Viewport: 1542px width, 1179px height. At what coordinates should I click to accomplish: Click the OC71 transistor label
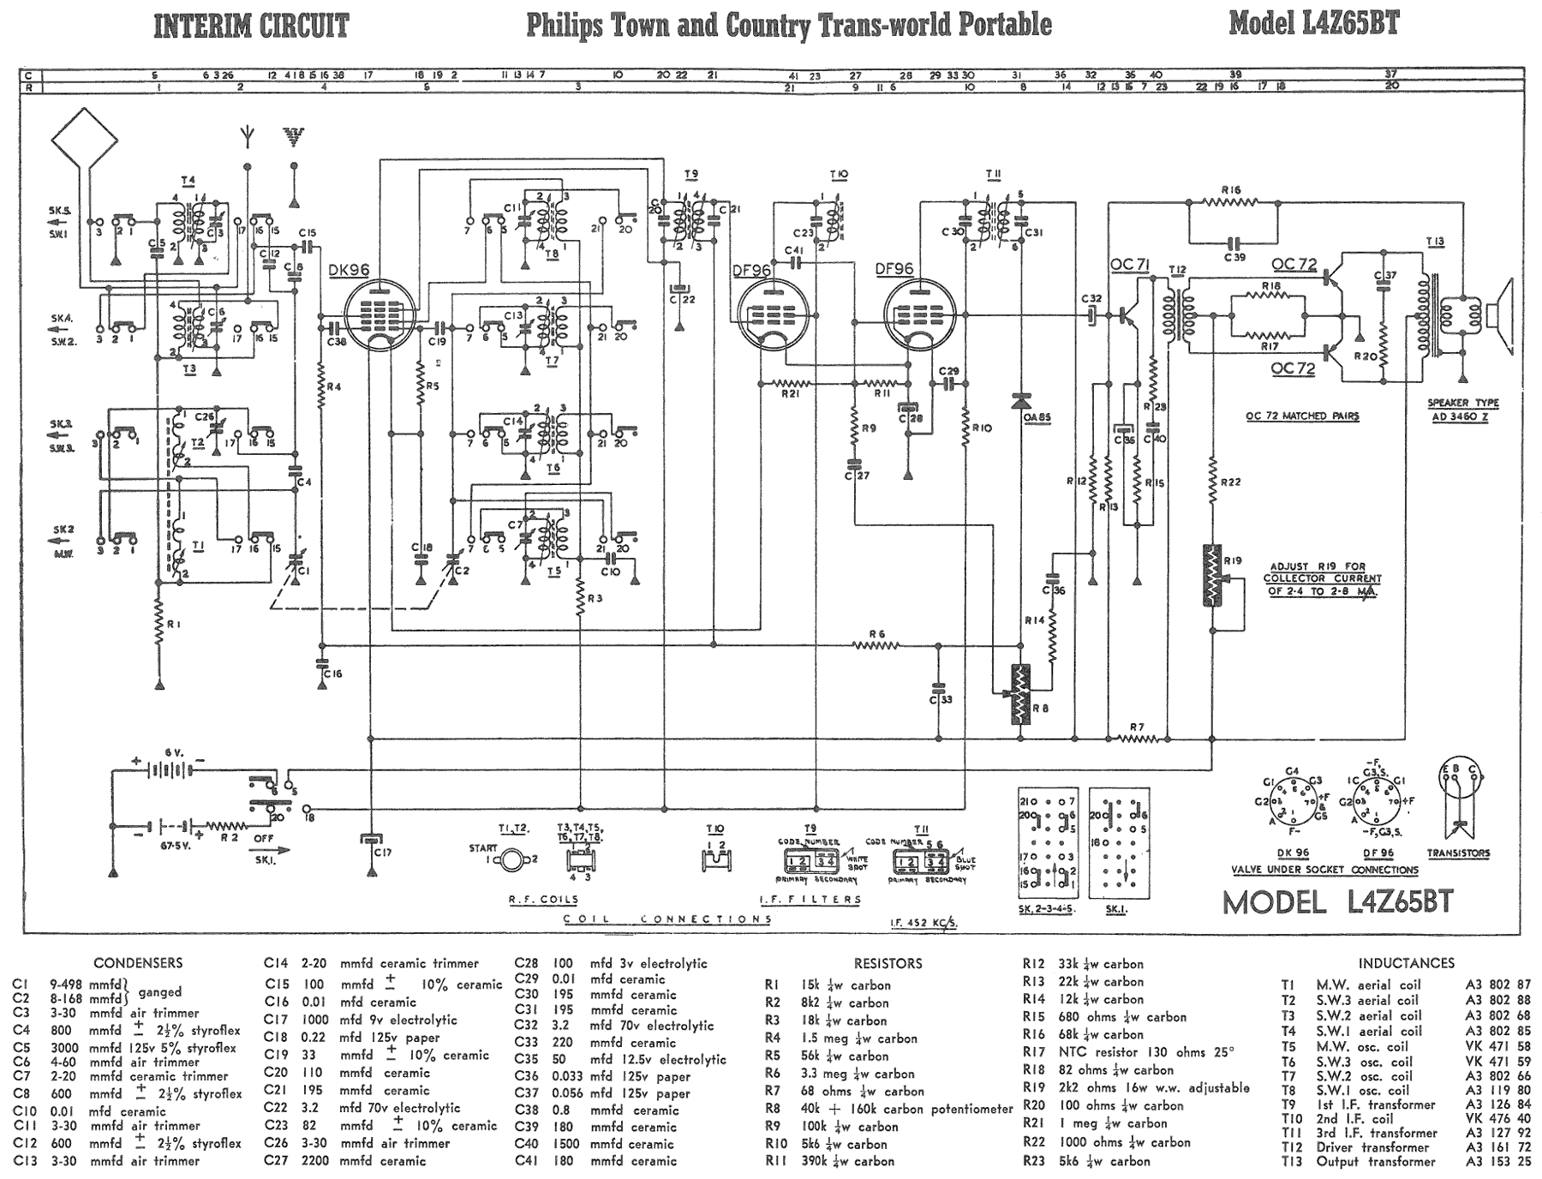1129,265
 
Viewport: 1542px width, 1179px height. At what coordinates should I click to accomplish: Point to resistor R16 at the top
1231,202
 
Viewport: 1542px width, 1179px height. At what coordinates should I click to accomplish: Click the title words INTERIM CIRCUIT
251,26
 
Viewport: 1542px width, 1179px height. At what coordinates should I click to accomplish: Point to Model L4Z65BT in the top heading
1313,23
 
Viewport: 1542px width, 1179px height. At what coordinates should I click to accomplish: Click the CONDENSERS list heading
138,963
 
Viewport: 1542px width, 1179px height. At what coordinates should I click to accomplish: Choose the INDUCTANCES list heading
1406,963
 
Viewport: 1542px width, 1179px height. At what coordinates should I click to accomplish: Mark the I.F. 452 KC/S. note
923,923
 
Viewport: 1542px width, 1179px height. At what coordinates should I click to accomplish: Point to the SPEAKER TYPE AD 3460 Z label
1461,410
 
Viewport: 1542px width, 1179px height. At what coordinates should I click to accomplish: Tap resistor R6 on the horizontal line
876,645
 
